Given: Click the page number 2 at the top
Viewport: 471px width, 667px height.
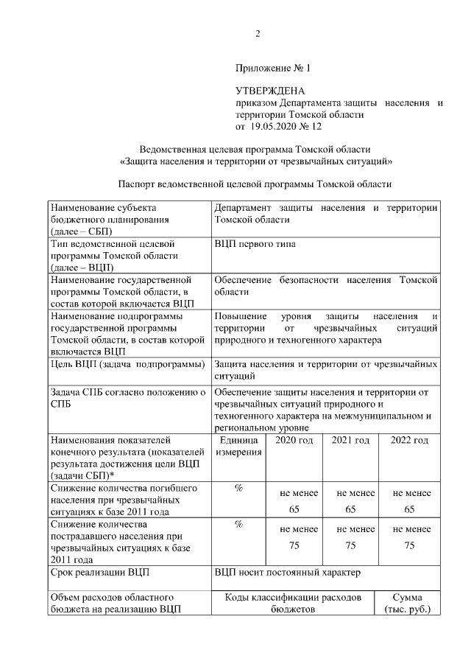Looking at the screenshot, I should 258,33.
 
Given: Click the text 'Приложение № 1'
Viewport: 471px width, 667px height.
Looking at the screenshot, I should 274,69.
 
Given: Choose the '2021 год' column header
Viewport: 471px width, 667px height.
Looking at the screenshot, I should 350,440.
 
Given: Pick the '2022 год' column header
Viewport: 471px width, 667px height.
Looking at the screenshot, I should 410,440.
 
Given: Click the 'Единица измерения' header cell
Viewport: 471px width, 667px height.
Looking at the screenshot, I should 238,446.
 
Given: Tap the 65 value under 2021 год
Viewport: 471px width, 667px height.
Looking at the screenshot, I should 350,509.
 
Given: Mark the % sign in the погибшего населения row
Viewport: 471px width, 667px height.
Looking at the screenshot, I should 238,489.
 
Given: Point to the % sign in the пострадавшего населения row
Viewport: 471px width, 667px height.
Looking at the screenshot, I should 238,524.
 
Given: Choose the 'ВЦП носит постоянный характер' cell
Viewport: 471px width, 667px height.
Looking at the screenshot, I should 288,571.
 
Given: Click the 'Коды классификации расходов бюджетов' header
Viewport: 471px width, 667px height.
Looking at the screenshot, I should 292,603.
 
